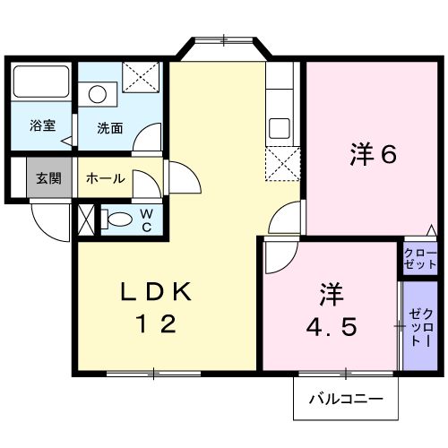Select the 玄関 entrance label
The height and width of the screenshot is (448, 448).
coord(48,177)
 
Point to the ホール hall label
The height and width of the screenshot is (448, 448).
coord(105,177)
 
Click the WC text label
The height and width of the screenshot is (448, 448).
coord(147,220)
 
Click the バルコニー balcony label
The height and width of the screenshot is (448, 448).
coord(346,397)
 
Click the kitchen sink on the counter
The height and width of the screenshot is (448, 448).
coord(280,127)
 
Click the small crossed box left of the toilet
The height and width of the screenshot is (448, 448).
coord(85,220)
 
